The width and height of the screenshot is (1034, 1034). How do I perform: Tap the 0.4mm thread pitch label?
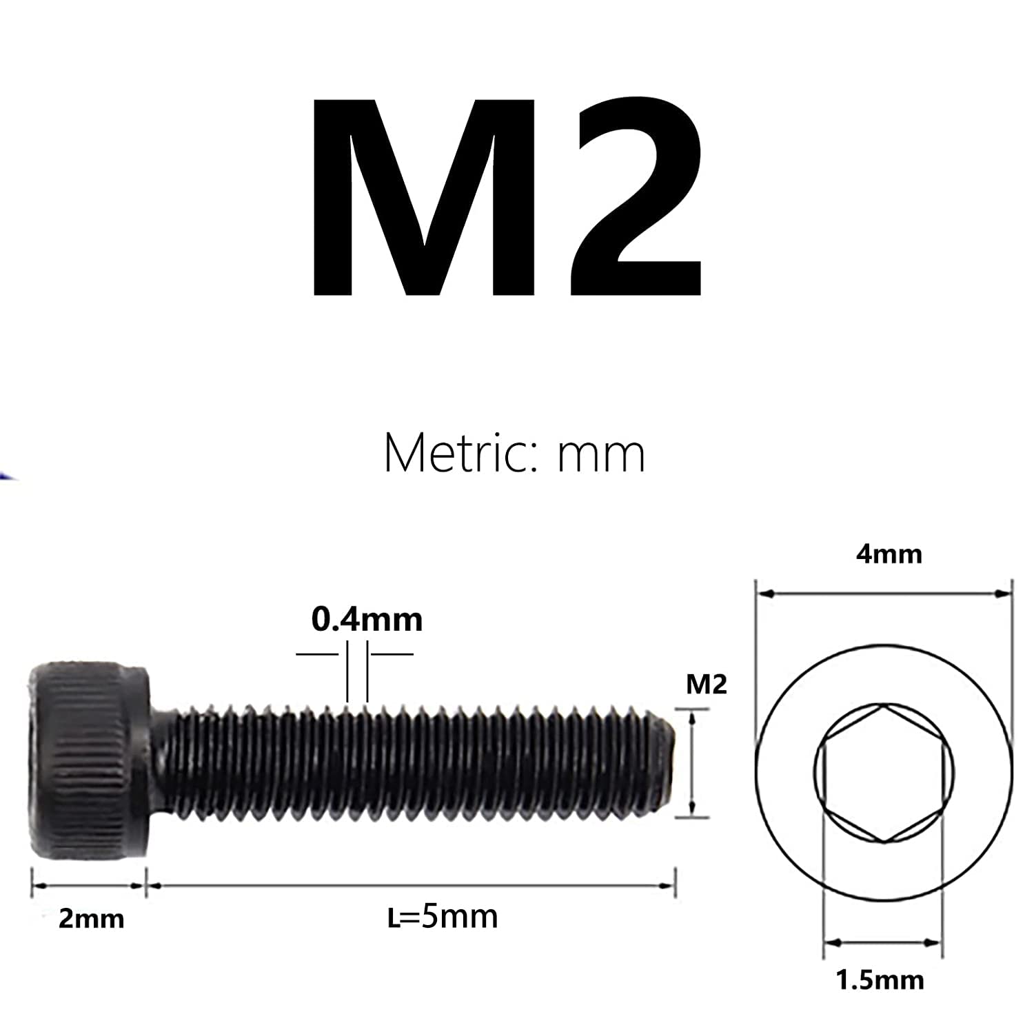click(x=367, y=620)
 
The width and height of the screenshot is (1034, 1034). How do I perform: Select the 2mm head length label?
click(x=91, y=918)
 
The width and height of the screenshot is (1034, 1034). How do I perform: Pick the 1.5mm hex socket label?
click(x=880, y=979)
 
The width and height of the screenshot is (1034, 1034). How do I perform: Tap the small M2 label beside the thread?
click(x=707, y=685)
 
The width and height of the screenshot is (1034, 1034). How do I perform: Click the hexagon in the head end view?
click(x=884, y=772)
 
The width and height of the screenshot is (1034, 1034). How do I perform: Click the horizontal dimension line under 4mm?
click(x=884, y=592)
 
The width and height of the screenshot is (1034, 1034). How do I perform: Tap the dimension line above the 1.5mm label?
click(x=882, y=942)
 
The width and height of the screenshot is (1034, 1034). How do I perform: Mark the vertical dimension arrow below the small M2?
click(x=692, y=763)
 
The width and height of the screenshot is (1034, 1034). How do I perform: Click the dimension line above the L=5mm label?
click(x=410, y=886)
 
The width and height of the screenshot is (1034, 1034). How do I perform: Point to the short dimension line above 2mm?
click(x=89, y=886)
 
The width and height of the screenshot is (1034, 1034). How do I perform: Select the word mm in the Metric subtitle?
click(x=601, y=455)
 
